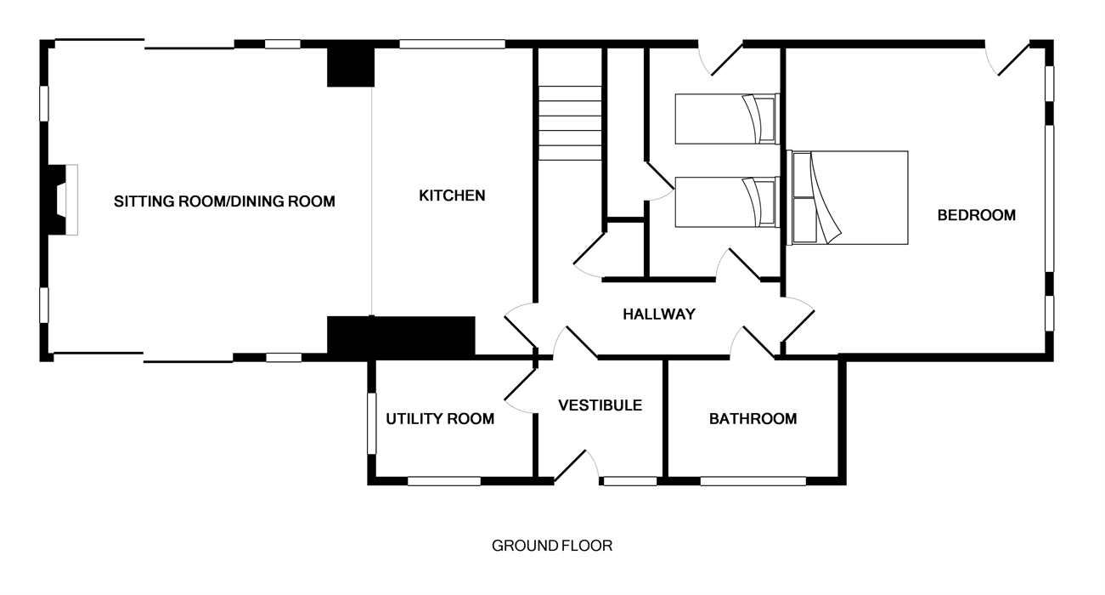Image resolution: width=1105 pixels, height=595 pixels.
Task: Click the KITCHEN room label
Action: point(452,195)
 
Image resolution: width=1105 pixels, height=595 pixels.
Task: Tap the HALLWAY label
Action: point(659,314)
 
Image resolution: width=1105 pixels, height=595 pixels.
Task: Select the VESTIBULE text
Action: point(600,405)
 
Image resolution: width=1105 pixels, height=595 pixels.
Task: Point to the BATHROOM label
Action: point(753,419)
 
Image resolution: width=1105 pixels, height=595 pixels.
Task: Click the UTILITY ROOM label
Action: point(440,419)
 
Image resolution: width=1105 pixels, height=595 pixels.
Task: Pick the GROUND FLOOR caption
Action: point(552,546)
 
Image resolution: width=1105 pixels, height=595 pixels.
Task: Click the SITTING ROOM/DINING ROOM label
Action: point(224,201)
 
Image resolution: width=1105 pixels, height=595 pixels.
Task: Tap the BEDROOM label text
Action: point(976,215)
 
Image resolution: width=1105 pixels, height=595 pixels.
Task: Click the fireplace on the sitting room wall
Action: point(62,200)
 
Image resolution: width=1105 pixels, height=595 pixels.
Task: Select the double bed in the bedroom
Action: point(848,197)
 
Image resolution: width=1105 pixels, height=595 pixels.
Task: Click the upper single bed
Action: point(727,119)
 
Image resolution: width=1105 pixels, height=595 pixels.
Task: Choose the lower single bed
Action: point(727,202)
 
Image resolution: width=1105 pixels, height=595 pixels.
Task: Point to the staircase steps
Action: point(570,123)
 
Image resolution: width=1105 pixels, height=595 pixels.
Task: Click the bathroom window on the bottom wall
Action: point(753,481)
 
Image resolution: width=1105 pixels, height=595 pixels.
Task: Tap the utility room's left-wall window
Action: point(371,423)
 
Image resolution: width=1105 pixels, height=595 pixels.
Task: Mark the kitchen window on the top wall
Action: point(452,44)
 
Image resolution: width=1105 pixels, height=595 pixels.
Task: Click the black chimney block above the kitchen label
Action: point(351,67)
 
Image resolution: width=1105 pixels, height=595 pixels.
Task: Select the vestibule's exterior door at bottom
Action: point(576,466)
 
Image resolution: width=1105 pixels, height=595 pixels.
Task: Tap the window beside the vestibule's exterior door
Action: point(630,481)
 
